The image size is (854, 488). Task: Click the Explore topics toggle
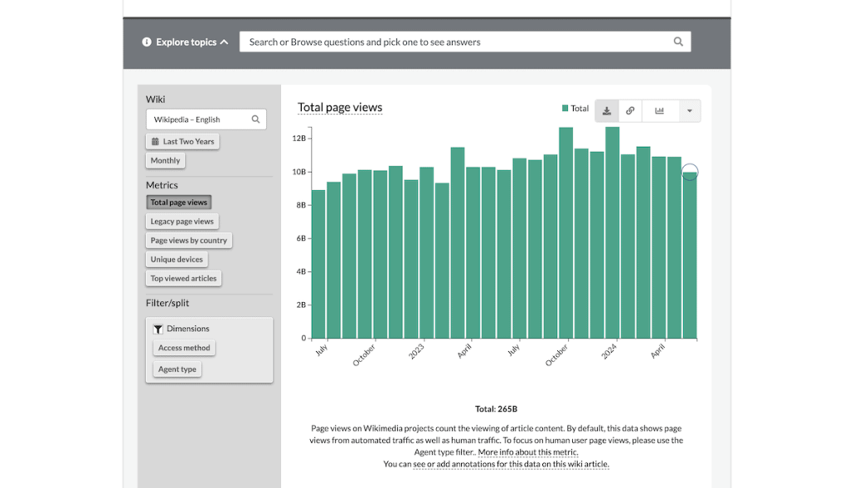[185, 42]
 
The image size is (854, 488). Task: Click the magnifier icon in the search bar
[678, 42]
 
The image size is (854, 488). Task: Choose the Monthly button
[165, 160]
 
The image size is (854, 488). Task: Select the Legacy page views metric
[182, 221]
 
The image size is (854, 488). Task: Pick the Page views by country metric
[188, 240]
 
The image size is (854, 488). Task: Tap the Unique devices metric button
[176, 259]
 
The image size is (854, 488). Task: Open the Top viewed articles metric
[183, 279]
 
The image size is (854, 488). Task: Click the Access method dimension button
[184, 348]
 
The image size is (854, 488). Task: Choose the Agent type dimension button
[178, 369]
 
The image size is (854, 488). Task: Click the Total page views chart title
[339, 107]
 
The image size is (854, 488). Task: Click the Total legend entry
[575, 108]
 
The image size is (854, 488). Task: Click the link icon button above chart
[630, 111]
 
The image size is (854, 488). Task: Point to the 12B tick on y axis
[299, 138]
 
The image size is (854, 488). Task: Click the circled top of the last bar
[690, 173]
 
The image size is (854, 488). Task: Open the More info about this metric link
[528, 452]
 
